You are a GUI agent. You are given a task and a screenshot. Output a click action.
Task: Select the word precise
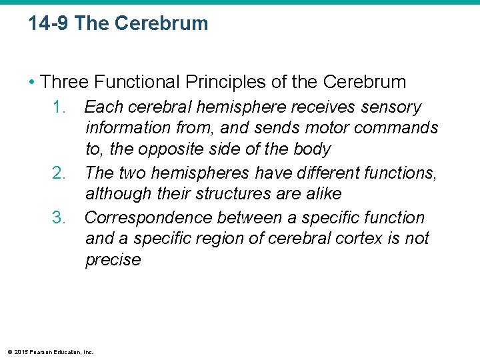coord(113,259)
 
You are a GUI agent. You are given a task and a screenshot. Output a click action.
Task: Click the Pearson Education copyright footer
coord(49,352)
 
